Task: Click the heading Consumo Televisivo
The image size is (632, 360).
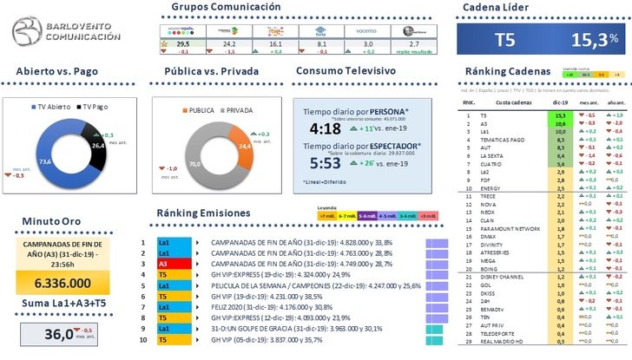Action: pyautogui.click(x=346, y=70)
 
